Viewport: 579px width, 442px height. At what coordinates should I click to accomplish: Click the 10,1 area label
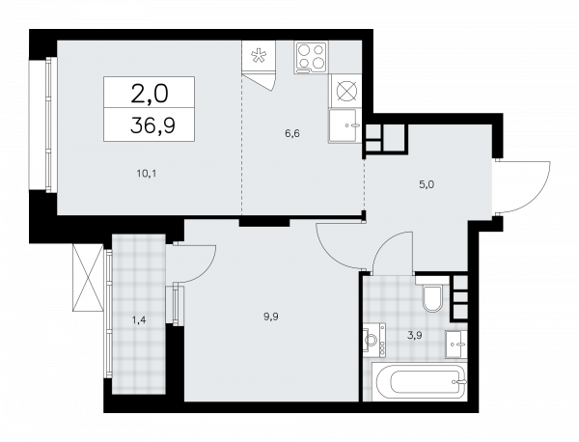pyautogui.click(x=147, y=173)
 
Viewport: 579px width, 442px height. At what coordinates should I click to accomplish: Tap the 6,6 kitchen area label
pyautogui.click(x=292, y=133)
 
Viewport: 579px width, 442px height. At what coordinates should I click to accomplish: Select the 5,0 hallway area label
pyautogui.click(x=427, y=184)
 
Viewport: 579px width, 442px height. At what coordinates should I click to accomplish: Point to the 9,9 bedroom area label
pyautogui.click(x=270, y=317)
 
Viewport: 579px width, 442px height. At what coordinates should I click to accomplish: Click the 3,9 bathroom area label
pyautogui.click(x=415, y=336)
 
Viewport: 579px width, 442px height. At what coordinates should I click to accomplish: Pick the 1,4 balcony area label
pyautogui.click(x=139, y=319)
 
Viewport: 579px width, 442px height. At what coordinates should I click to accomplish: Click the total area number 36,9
pyautogui.click(x=152, y=125)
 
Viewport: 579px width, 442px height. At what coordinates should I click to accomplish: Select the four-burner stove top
pyautogui.click(x=311, y=58)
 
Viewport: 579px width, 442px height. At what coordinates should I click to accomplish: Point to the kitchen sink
pyautogui.click(x=344, y=125)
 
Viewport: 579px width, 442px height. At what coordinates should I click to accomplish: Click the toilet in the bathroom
pyautogui.click(x=432, y=294)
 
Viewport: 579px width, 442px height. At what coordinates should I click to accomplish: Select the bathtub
pyautogui.click(x=419, y=381)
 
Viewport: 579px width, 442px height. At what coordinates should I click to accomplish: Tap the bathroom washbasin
pyautogui.click(x=456, y=345)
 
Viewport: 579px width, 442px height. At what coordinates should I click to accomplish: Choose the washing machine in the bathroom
pyautogui.click(x=374, y=339)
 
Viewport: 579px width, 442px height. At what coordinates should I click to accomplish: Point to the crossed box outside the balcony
pyautogui.click(x=88, y=278)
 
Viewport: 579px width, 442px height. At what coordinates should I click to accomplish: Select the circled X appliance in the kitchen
pyautogui.click(x=346, y=91)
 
